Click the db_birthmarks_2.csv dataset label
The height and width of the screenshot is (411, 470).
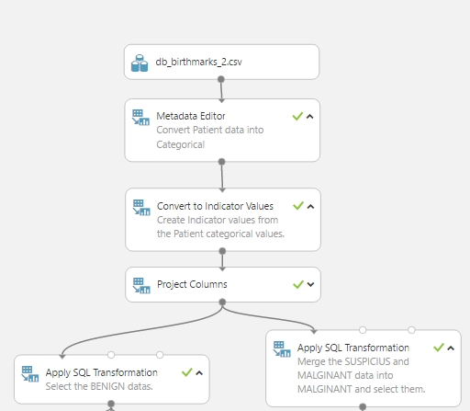(x=198, y=62)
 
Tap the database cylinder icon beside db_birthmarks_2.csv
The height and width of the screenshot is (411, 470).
(x=140, y=63)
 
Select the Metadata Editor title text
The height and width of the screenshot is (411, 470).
(x=191, y=116)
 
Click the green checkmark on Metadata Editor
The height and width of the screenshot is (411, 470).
(x=297, y=116)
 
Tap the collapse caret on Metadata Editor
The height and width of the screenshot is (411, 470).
(x=309, y=117)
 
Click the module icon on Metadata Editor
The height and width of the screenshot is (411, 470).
(x=140, y=118)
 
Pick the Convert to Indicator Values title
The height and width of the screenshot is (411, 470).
(x=215, y=206)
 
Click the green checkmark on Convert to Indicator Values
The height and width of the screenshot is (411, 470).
(x=298, y=206)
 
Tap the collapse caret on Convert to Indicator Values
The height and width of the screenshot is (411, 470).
(x=310, y=206)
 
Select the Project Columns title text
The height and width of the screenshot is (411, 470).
(x=192, y=284)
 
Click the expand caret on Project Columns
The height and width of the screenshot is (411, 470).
(x=310, y=284)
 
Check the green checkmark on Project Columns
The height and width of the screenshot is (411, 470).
(x=298, y=284)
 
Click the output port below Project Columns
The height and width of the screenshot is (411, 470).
(x=222, y=303)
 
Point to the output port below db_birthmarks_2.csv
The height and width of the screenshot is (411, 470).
(x=221, y=79)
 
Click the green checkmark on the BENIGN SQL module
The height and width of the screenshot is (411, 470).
(x=186, y=372)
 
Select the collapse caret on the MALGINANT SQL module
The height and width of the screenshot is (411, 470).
(x=451, y=348)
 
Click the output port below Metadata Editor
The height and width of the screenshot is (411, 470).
(x=222, y=162)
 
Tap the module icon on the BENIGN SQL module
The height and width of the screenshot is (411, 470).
(x=30, y=374)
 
